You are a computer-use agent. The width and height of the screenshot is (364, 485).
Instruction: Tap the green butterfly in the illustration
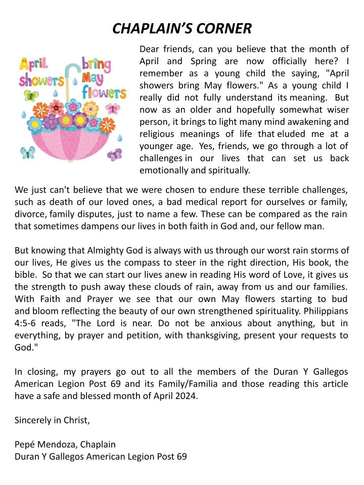pos(31,96)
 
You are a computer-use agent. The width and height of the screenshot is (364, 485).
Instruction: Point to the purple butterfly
pos(115,154)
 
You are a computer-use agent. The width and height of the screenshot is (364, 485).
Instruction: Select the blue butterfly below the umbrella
pos(28,153)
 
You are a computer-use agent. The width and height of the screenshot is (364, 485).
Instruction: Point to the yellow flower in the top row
pos(91,108)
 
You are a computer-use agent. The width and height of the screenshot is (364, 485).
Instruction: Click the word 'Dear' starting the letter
pos(149,50)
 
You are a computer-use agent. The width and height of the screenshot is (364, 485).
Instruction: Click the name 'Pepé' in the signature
pos(25,445)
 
